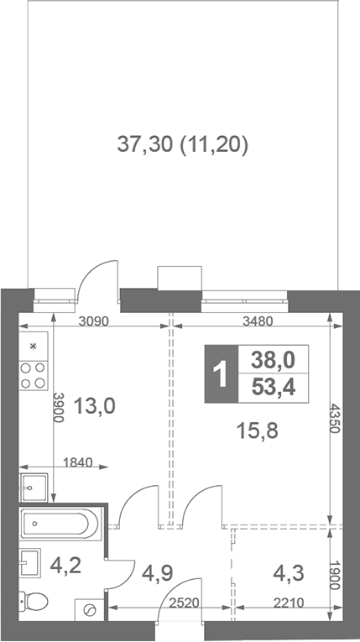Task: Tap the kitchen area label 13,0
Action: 94,407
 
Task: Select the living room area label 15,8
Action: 257,431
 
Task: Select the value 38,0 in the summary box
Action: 273,360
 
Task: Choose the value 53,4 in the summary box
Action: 273,387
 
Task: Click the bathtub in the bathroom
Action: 59,525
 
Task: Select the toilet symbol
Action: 35,602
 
